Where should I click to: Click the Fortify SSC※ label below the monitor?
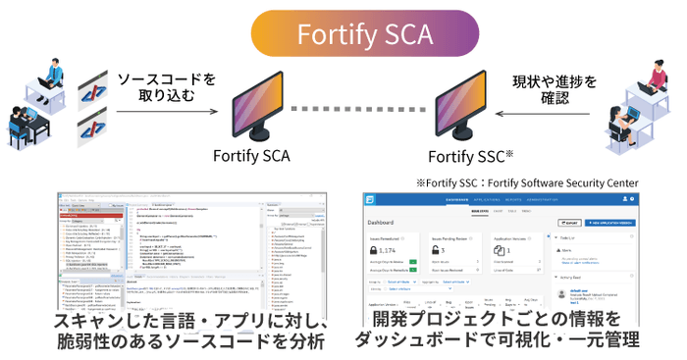point(471,157)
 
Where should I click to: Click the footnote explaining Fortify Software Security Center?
point(527,181)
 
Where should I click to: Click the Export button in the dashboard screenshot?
point(572,224)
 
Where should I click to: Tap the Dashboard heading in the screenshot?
point(391,224)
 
